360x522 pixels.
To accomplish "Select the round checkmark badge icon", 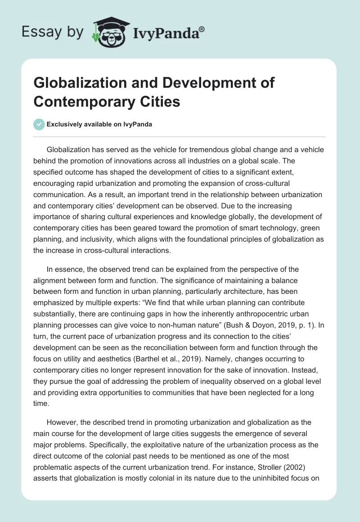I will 39,124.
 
